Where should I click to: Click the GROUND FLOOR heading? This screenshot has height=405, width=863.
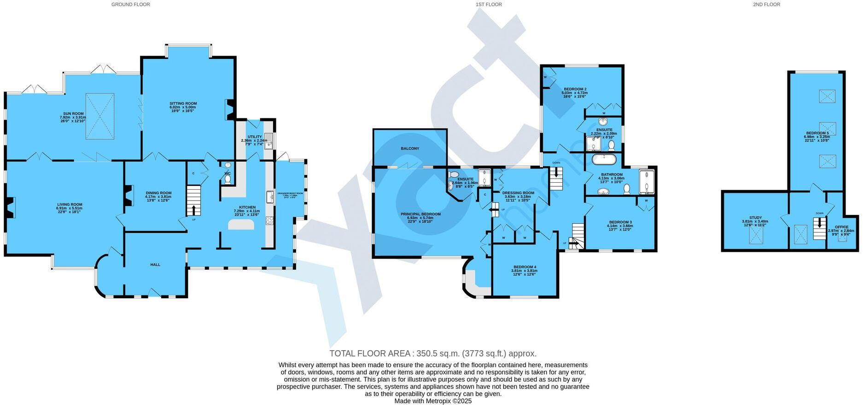(x=131, y=5)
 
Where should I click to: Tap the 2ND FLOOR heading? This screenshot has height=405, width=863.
(x=766, y=5)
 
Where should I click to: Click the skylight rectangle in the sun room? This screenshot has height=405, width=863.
(x=100, y=116)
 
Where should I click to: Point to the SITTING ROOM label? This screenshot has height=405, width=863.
(x=183, y=104)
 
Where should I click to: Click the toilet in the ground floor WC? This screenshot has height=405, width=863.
(x=227, y=179)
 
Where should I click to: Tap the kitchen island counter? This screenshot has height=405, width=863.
(x=241, y=224)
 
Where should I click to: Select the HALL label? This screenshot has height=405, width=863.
(x=155, y=265)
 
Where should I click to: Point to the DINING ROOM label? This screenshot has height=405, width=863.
(x=158, y=193)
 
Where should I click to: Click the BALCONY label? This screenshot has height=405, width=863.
(x=410, y=149)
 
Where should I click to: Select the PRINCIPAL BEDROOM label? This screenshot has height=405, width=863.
(x=420, y=214)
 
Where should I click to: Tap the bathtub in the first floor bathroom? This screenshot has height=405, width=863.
(x=604, y=160)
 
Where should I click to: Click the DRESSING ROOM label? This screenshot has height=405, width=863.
(x=518, y=193)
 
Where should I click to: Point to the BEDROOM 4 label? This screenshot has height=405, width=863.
(x=525, y=267)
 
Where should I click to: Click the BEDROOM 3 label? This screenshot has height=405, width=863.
(x=620, y=222)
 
